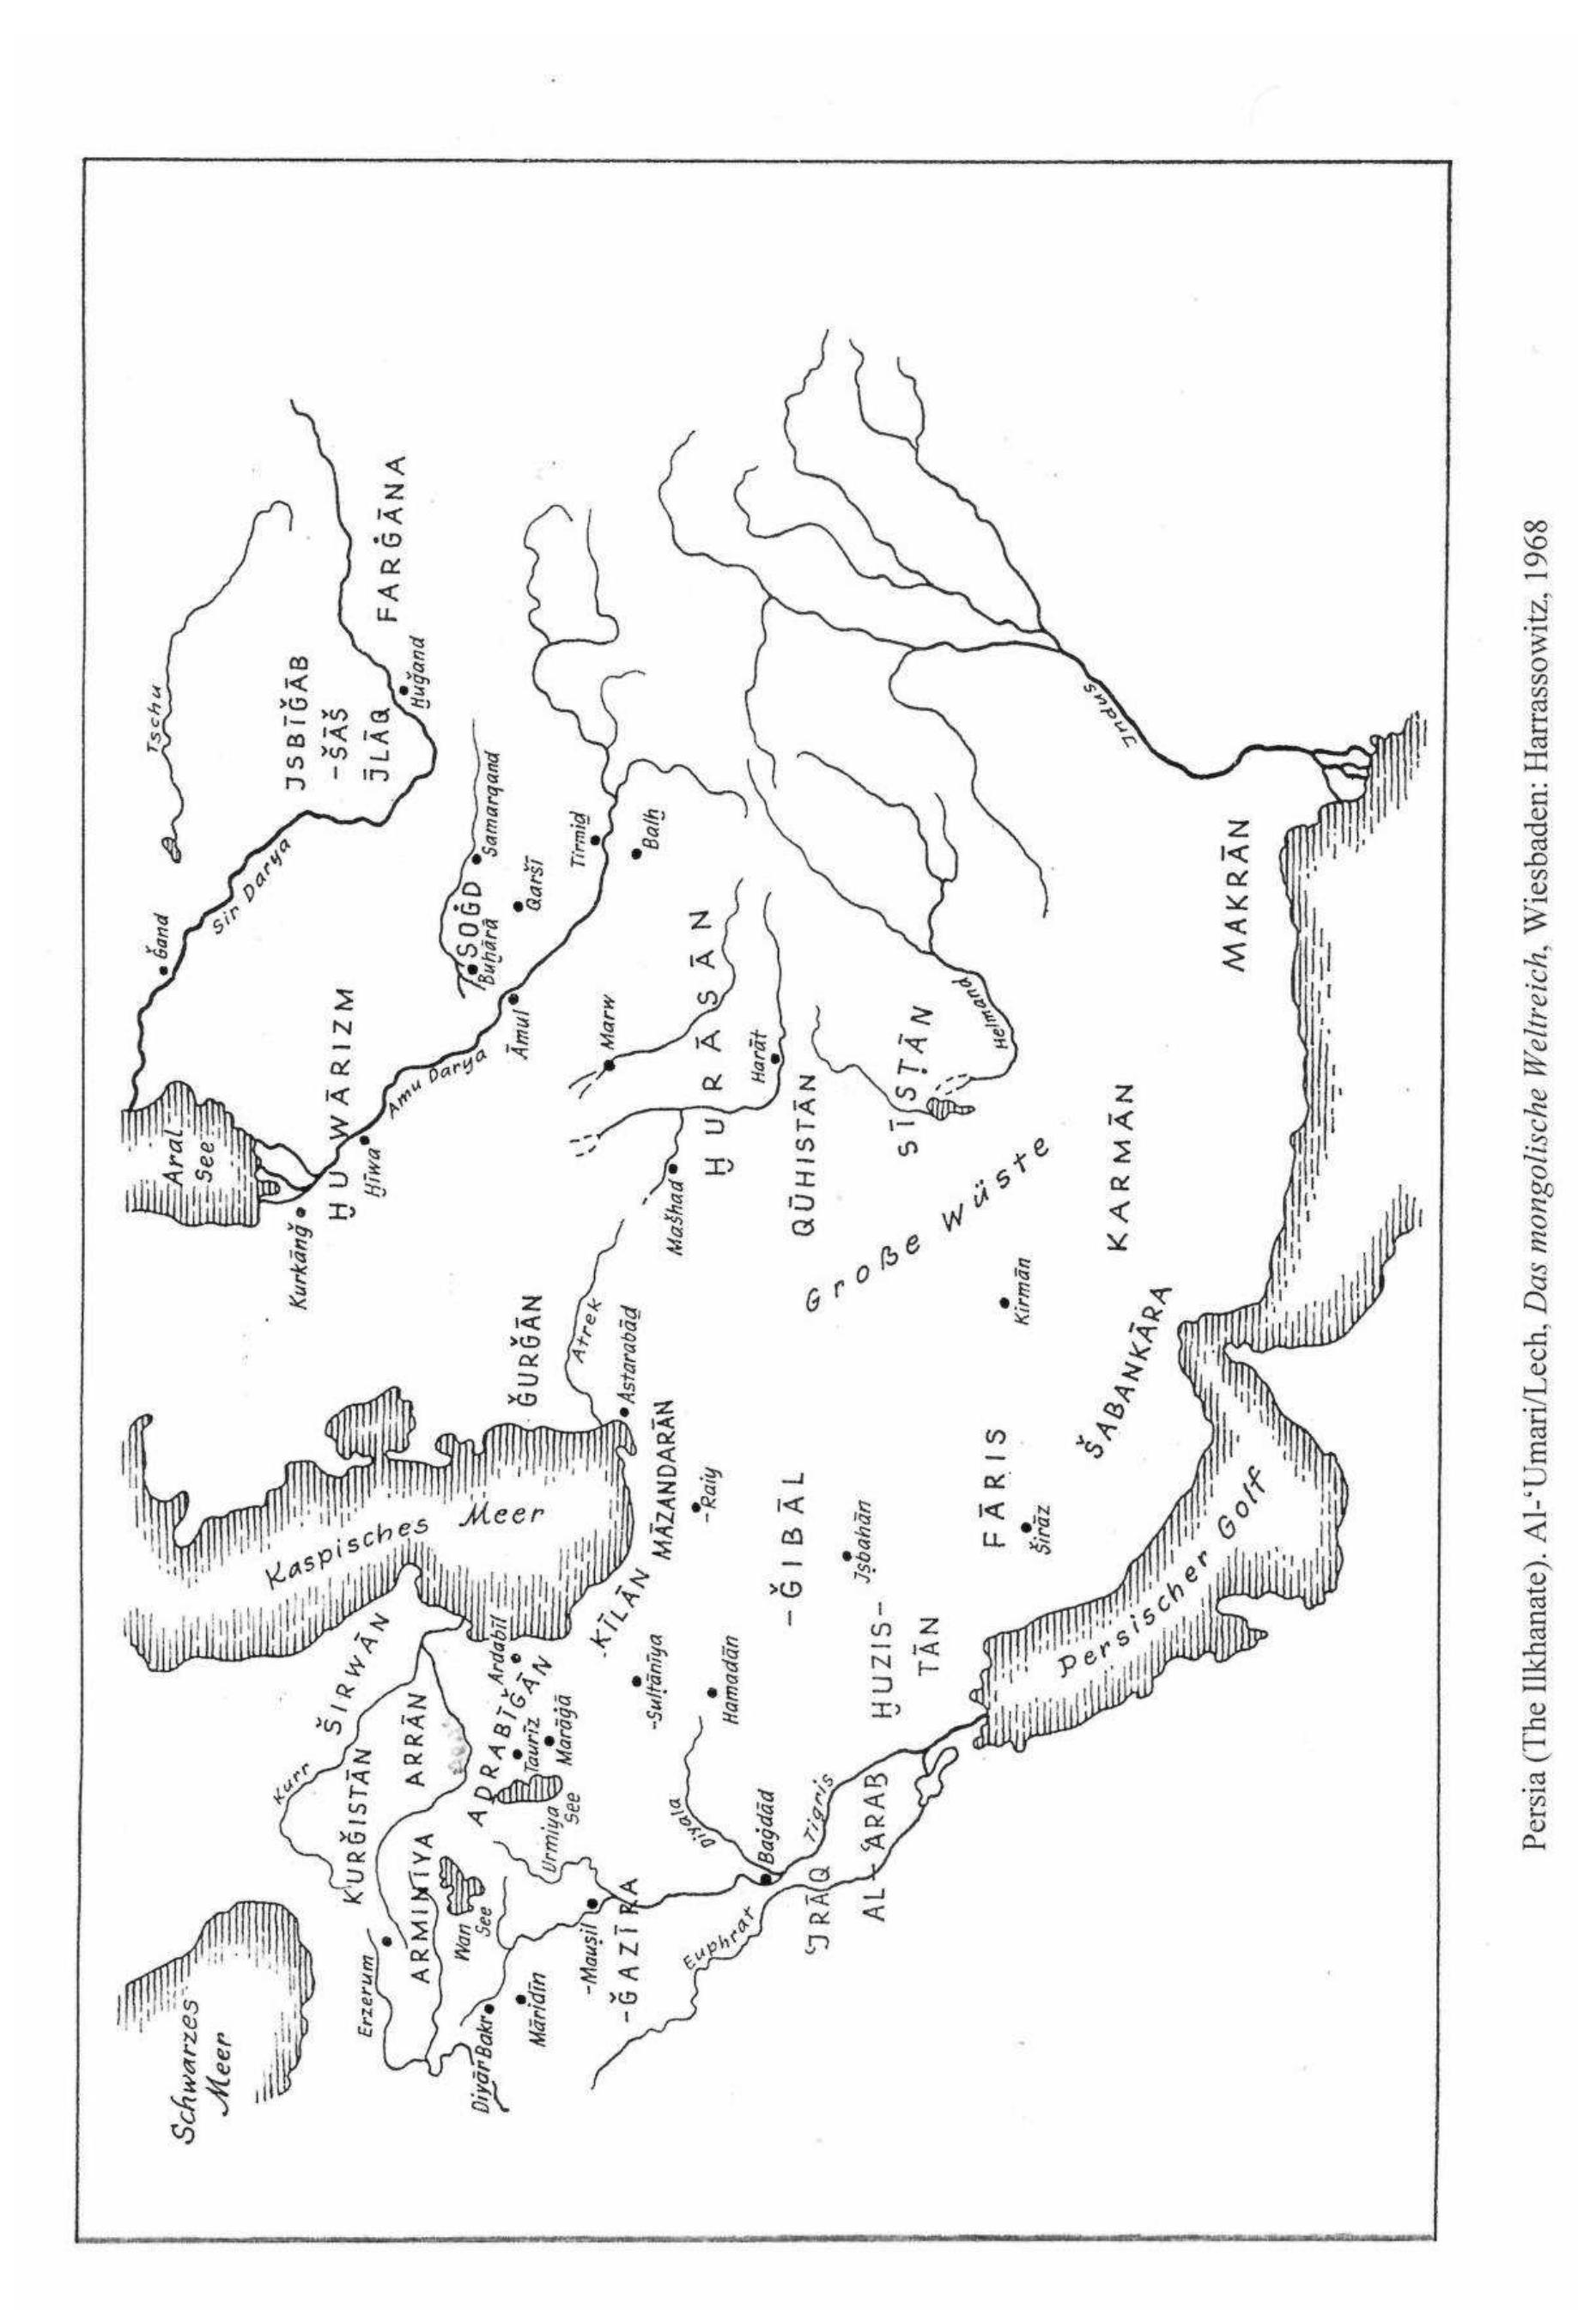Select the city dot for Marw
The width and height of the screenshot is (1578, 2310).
[x=610, y=1066]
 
